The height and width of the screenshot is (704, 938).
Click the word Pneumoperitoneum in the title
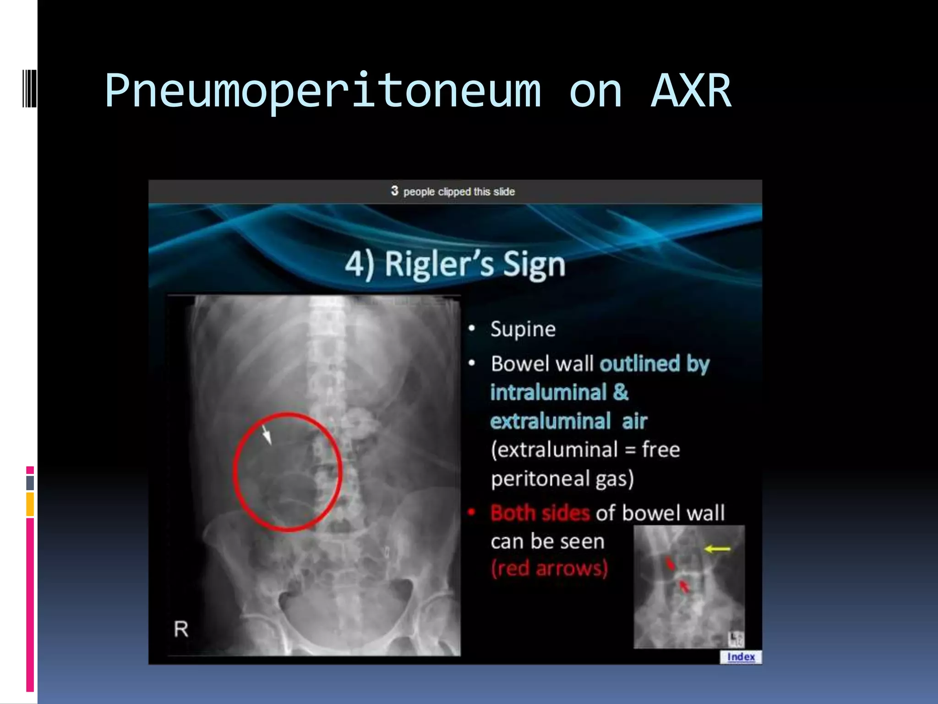click(323, 92)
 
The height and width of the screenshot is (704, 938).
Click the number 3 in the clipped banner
click(394, 191)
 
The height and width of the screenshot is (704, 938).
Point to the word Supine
click(523, 329)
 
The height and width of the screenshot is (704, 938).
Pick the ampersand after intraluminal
click(621, 392)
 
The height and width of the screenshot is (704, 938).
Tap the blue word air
click(634, 421)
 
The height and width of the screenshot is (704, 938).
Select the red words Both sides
click(540, 513)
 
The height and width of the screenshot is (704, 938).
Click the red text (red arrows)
click(549, 568)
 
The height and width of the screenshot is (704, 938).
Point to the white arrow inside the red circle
click(267, 434)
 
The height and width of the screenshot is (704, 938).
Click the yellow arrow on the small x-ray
click(717, 549)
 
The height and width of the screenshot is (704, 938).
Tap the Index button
click(741, 657)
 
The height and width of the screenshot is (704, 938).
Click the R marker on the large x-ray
click(181, 629)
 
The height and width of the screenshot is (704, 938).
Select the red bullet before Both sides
click(471, 512)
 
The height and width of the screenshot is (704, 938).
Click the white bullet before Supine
click(471, 329)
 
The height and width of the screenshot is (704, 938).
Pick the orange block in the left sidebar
click(30, 504)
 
